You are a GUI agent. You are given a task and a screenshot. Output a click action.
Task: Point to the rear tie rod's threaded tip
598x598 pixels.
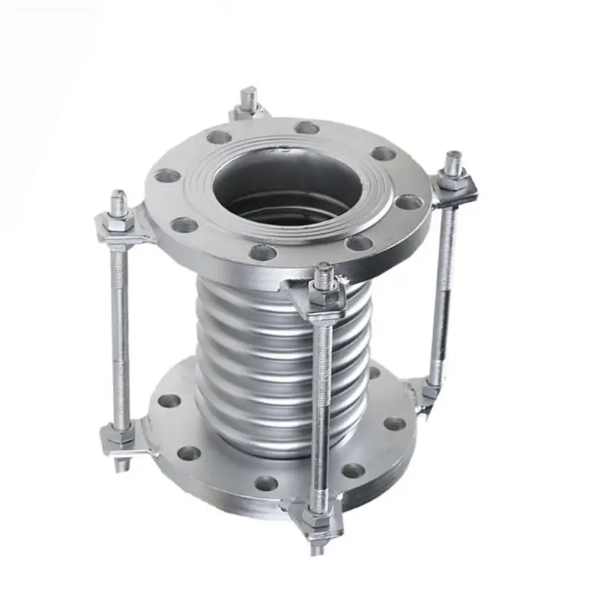(249, 97)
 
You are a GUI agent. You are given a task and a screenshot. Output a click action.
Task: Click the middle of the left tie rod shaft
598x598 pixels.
(120, 329)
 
